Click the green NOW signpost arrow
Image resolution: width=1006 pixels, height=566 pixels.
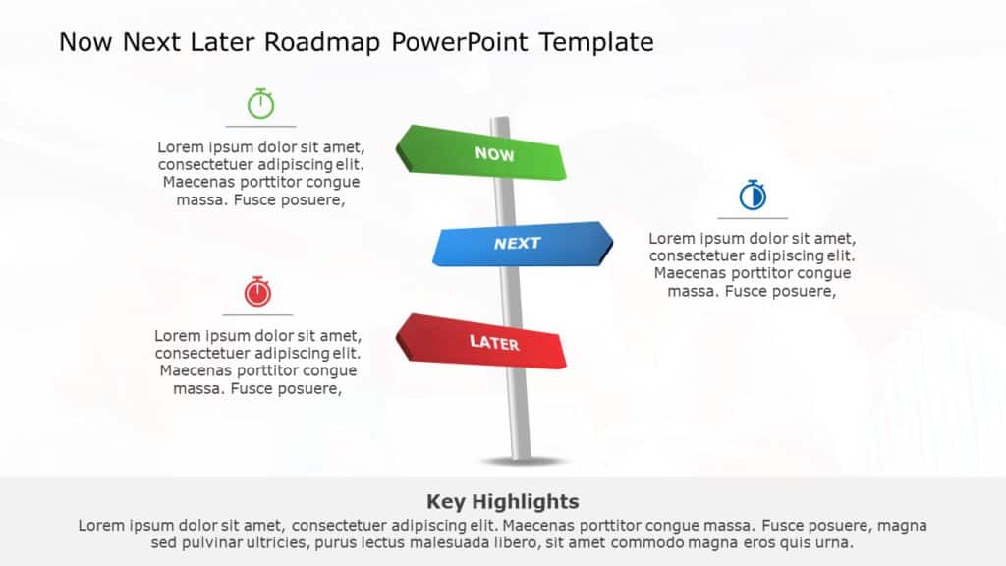point(481,153)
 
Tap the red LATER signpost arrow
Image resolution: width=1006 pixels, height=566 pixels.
point(481,342)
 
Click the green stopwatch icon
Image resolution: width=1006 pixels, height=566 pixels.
point(260,103)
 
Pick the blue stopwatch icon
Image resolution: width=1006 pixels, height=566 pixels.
point(753,196)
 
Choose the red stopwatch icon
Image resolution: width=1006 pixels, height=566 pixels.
point(257,291)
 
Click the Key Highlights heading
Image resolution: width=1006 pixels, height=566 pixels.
point(502,501)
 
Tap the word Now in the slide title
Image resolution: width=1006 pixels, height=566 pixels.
point(86,42)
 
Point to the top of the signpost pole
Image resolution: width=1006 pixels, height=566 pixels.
point(500,121)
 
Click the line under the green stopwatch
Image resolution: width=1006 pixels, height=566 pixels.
point(260,127)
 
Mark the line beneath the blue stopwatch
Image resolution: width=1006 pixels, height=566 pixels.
point(753,218)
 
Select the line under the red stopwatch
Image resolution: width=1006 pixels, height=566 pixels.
point(257,315)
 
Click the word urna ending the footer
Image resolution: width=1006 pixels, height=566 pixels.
point(835,542)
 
